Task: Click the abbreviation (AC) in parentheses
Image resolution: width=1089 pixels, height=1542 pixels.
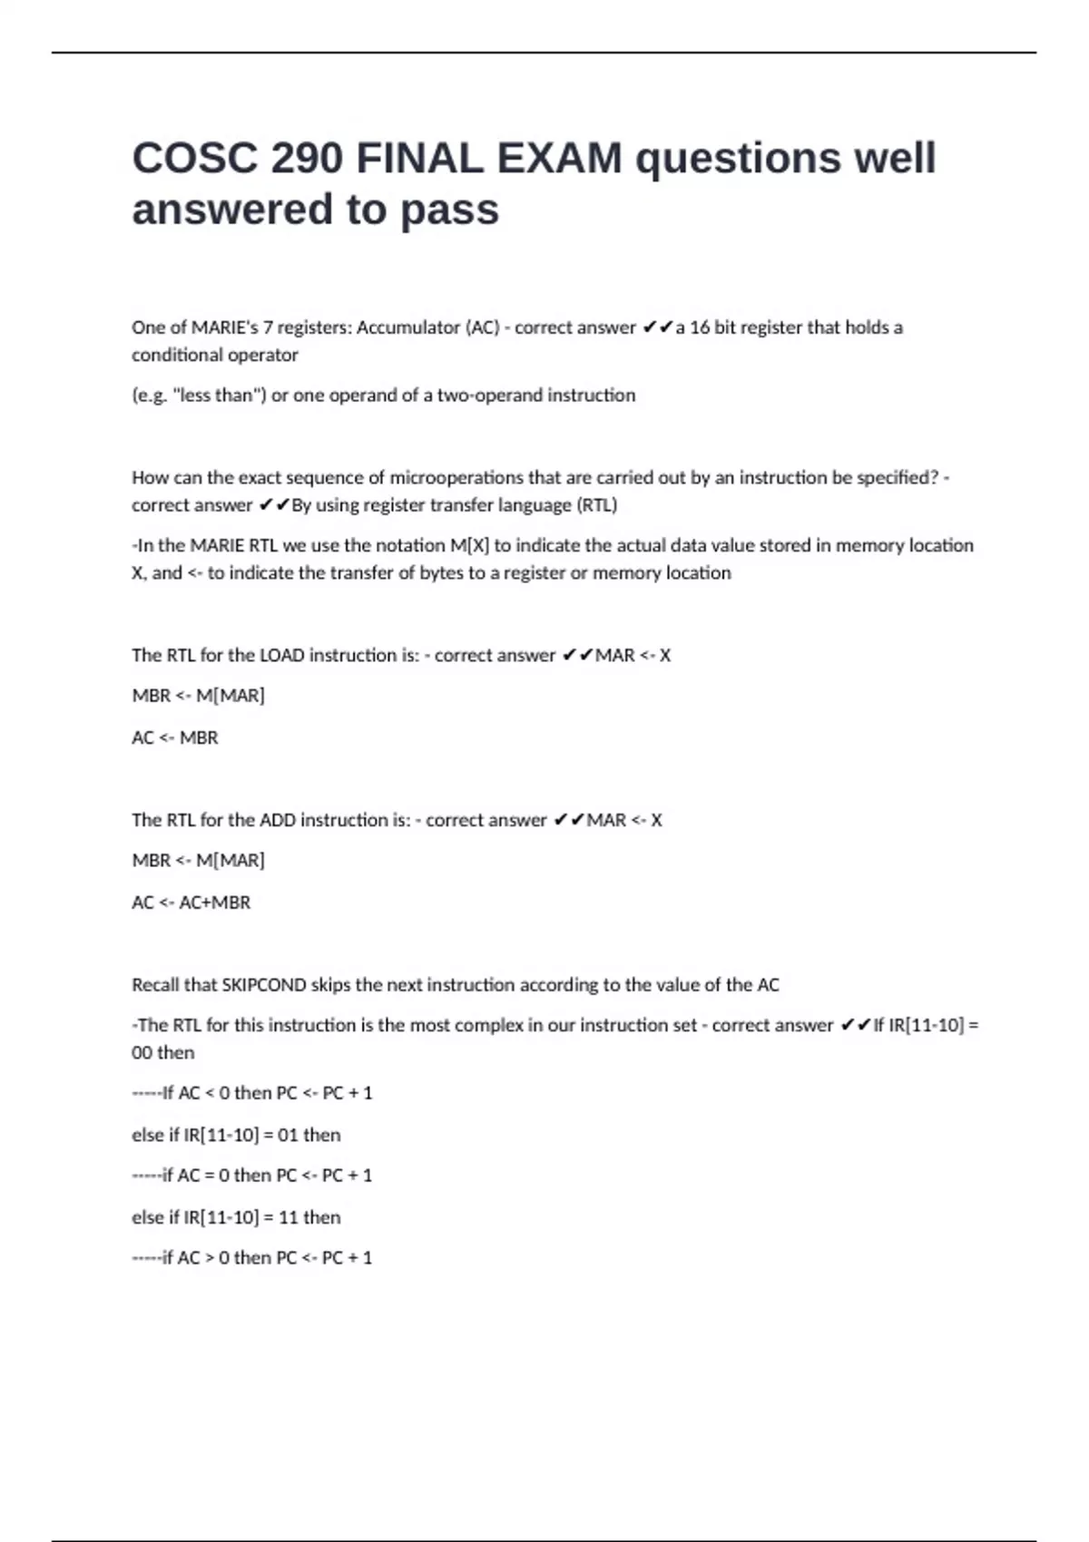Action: (x=482, y=327)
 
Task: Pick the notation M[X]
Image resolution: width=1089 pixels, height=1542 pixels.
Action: (x=469, y=545)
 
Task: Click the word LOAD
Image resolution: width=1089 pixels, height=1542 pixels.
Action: (x=282, y=655)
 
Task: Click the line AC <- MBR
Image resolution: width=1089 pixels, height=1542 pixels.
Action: (x=175, y=737)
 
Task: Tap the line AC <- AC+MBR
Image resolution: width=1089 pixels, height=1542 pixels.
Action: (x=191, y=903)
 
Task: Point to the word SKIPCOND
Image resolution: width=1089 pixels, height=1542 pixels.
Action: (x=264, y=985)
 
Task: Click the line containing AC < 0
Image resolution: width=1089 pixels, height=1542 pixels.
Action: (x=252, y=1093)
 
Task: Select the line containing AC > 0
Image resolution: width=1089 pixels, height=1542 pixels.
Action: (x=252, y=1258)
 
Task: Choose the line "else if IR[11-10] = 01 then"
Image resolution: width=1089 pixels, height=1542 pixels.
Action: (x=236, y=1135)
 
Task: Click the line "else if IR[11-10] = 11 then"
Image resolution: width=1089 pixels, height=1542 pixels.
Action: (x=236, y=1217)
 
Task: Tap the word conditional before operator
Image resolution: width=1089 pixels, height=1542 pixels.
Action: (x=180, y=355)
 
